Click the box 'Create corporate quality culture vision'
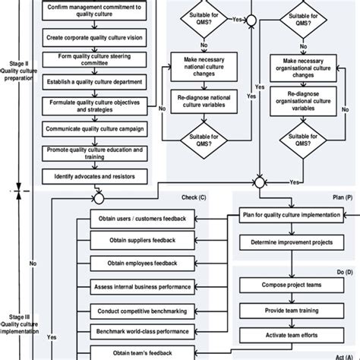tap(94, 37)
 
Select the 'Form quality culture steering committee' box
tap(94, 61)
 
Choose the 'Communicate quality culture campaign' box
tap(94, 130)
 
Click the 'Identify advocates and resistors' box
tap(94, 176)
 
